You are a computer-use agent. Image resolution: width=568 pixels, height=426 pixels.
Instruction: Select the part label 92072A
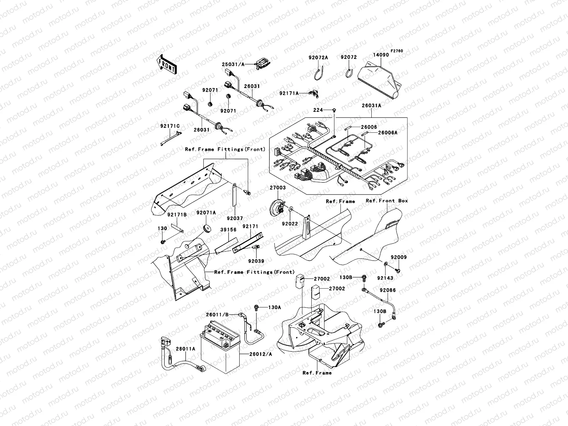(x=318, y=58)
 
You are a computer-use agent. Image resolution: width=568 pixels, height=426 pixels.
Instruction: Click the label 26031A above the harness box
(x=371, y=105)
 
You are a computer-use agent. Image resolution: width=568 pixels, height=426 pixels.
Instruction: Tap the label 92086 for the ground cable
(x=388, y=290)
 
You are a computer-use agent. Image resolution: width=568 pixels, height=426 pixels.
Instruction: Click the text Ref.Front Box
(x=387, y=201)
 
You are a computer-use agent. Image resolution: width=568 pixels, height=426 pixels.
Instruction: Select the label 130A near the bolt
(x=274, y=307)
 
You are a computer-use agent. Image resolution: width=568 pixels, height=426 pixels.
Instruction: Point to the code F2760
(x=397, y=51)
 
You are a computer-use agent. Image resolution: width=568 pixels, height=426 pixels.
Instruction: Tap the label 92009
(x=399, y=257)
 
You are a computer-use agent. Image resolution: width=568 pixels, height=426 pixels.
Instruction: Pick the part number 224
(x=318, y=110)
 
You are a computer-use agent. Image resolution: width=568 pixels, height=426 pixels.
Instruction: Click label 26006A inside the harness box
(x=388, y=132)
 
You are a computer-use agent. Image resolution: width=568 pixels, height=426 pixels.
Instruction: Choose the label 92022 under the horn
(x=290, y=224)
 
